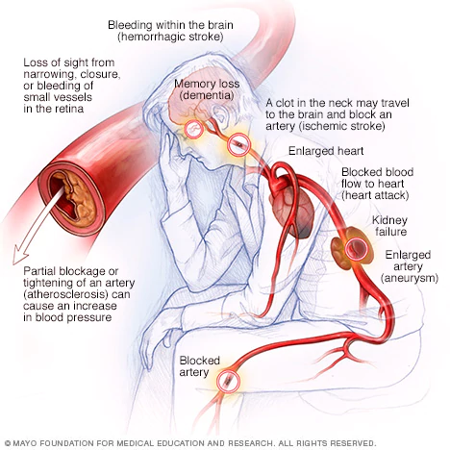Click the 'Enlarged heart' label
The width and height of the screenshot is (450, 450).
[x=326, y=151]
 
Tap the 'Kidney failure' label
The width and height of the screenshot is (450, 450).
[x=390, y=226]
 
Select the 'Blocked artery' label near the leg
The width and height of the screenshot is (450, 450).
[x=199, y=366]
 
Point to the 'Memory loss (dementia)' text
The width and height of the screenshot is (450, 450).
[x=207, y=89]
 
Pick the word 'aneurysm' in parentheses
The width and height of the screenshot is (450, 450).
[x=410, y=278]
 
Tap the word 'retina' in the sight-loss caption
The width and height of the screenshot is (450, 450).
[x=69, y=109]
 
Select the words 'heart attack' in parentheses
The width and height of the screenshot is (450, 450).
[x=375, y=195]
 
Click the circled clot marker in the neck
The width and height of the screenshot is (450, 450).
[x=238, y=144]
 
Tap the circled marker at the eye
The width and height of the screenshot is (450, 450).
[x=193, y=129]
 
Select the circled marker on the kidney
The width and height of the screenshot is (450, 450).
[x=356, y=248]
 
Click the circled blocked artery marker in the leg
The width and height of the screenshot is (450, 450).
[x=228, y=381]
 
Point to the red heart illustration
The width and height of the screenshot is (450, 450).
[x=292, y=212]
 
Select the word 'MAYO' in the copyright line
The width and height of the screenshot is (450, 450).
[x=22, y=443]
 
